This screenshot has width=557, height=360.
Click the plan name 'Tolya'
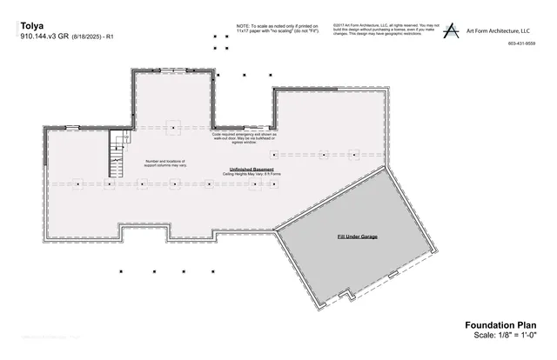pyautogui.click(x=31, y=26)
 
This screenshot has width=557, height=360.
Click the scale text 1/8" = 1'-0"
pyautogui.click(x=505, y=335)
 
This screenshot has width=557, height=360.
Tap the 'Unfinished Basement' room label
pyautogui.click(x=252, y=169)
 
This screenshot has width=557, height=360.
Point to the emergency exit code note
pyautogui.click(x=245, y=139)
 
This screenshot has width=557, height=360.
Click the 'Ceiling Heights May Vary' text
pyautogui.click(x=252, y=175)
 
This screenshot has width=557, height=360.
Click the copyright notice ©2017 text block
pyautogui.click(x=383, y=31)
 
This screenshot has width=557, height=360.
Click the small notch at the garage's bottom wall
pyautogui.click(x=350, y=296)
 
